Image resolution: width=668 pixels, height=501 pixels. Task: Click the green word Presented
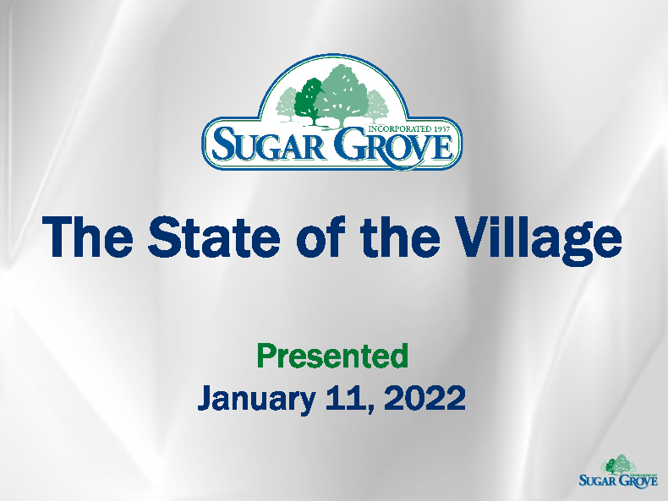332,357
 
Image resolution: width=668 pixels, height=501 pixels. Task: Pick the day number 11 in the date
347,397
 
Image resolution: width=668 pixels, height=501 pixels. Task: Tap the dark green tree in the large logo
309,97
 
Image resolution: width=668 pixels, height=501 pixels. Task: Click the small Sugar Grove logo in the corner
618,471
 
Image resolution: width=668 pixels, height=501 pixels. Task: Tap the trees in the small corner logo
619,464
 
